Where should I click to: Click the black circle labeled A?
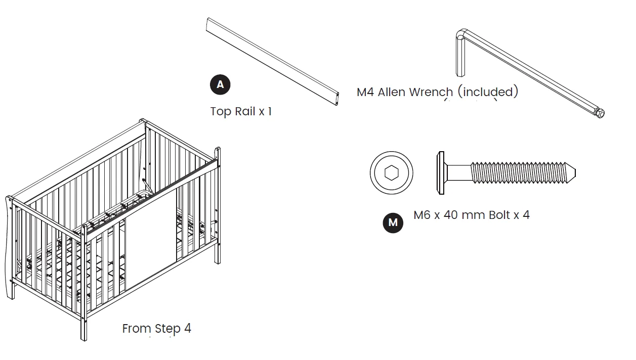[x=220, y=84]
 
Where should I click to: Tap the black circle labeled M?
[x=393, y=222]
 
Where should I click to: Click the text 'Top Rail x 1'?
[x=241, y=111]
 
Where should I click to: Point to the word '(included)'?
[x=488, y=92]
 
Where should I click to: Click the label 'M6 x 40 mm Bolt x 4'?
[x=471, y=215]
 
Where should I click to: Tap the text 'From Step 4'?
[x=156, y=328]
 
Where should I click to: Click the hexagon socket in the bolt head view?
[x=391, y=172]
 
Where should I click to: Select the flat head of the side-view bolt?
[x=439, y=172]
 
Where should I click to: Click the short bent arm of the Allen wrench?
[x=460, y=56]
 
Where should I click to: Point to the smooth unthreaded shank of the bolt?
[x=458, y=172]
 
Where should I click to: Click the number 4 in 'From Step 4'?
[x=187, y=328]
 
